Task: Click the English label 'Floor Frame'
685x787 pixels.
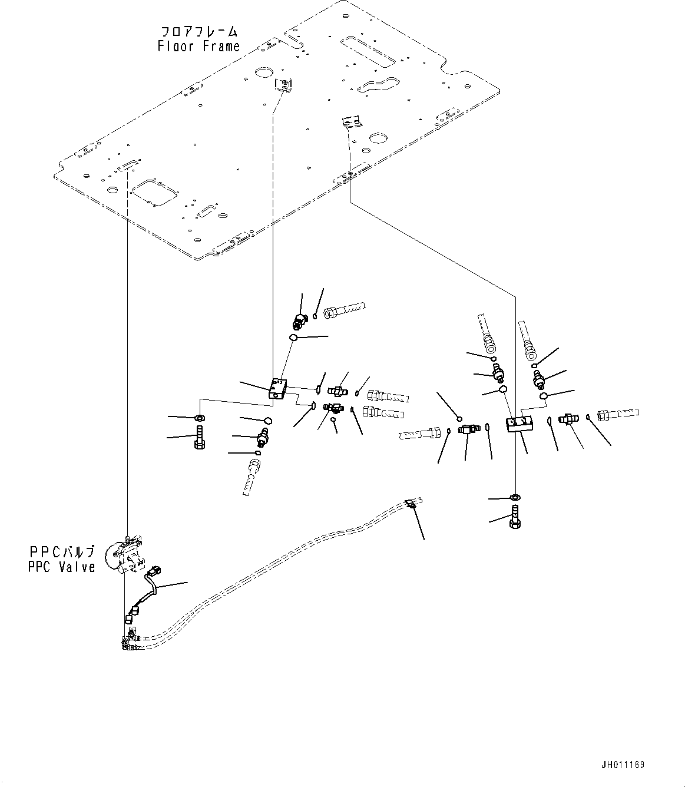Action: pyautogui.click(x=198, y=46)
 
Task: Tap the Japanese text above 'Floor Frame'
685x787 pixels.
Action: pyautogui.click(x=199, y=31)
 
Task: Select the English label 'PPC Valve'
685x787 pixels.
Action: pyautogui.click(x=61, y=567)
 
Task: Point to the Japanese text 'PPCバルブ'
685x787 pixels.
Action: pyautogui.click(x=62, y=553)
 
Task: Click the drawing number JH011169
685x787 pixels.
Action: pyautogui.click(x=623, y=765)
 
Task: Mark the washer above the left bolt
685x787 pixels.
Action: pyautogui.click(x=200, y=418)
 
